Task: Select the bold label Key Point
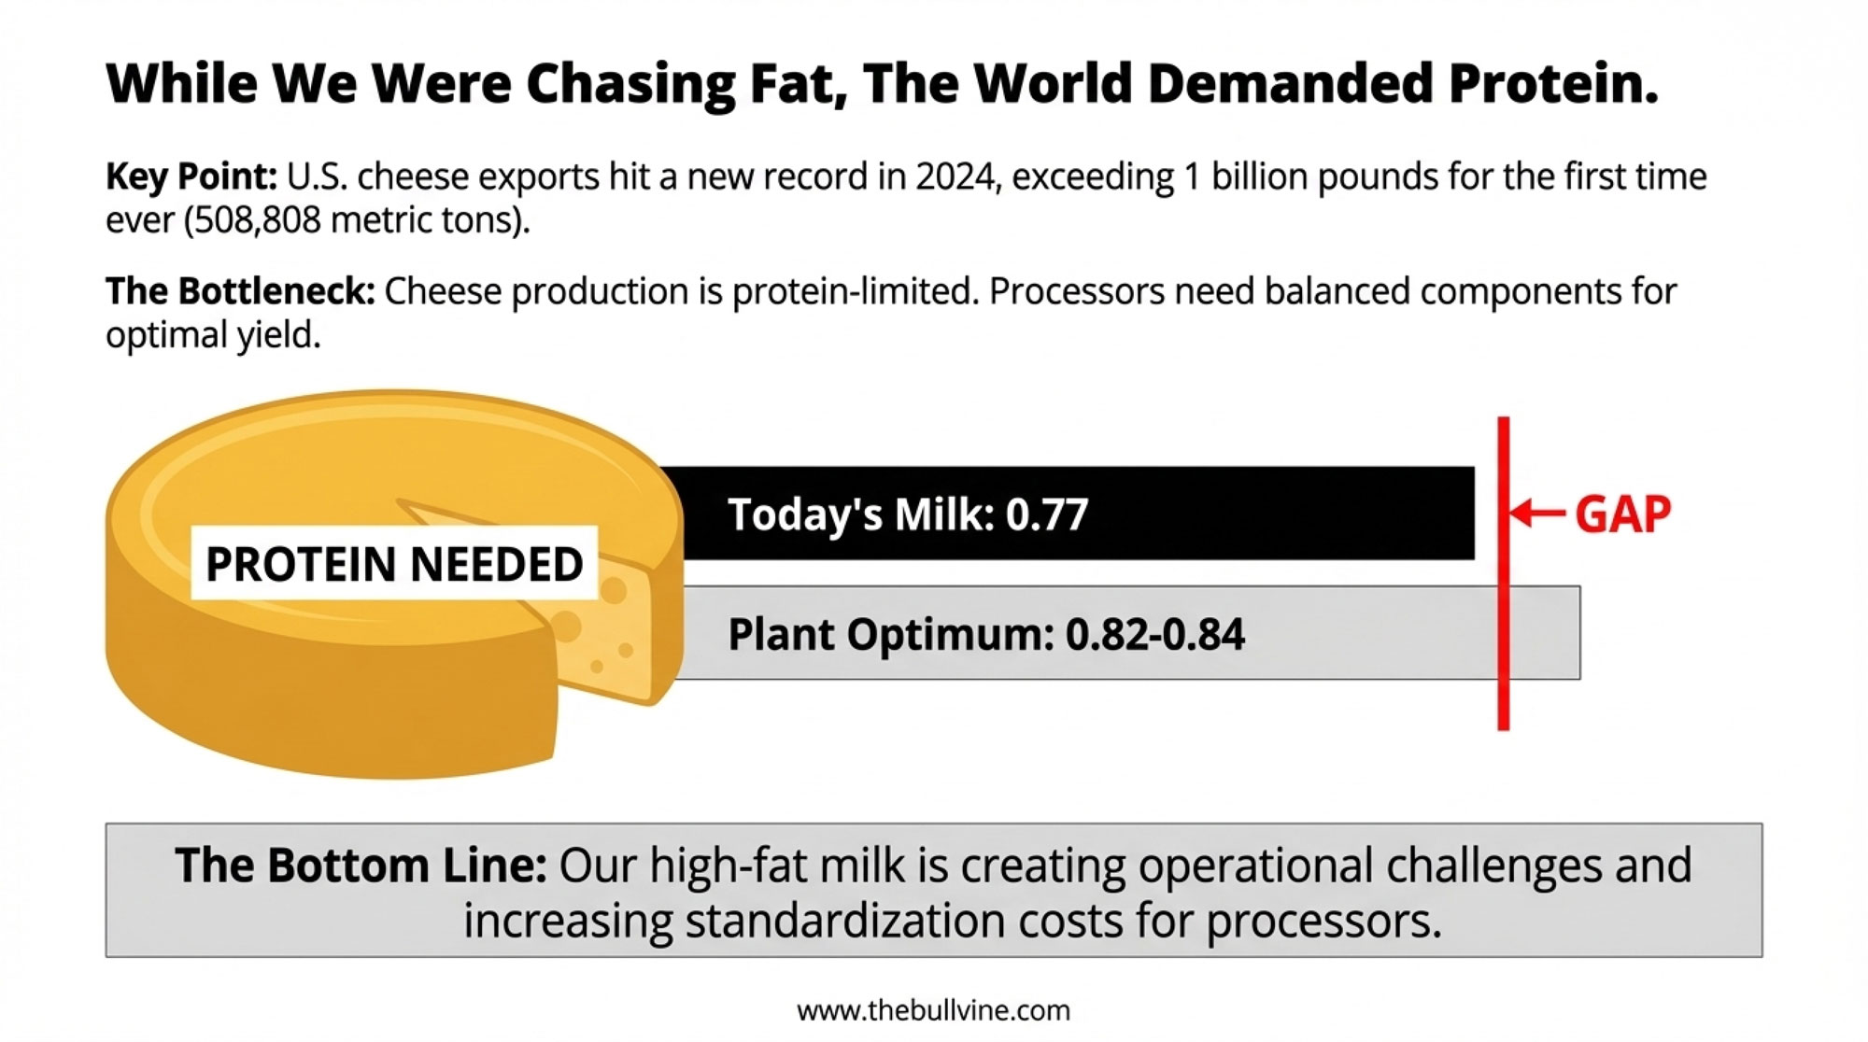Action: coord(191,176)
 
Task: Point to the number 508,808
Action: coord(256,220)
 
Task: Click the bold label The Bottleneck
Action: coord(239,291)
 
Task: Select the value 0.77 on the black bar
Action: coord(1047,514)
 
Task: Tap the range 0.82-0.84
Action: coord(1154,635)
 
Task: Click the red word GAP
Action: coord(1623,514)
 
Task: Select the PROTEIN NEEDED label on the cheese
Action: coord(394,564)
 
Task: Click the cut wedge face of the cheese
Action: coord(607,635)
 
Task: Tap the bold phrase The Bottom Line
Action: coord(361,866)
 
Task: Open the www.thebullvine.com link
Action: coord(933,1010)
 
